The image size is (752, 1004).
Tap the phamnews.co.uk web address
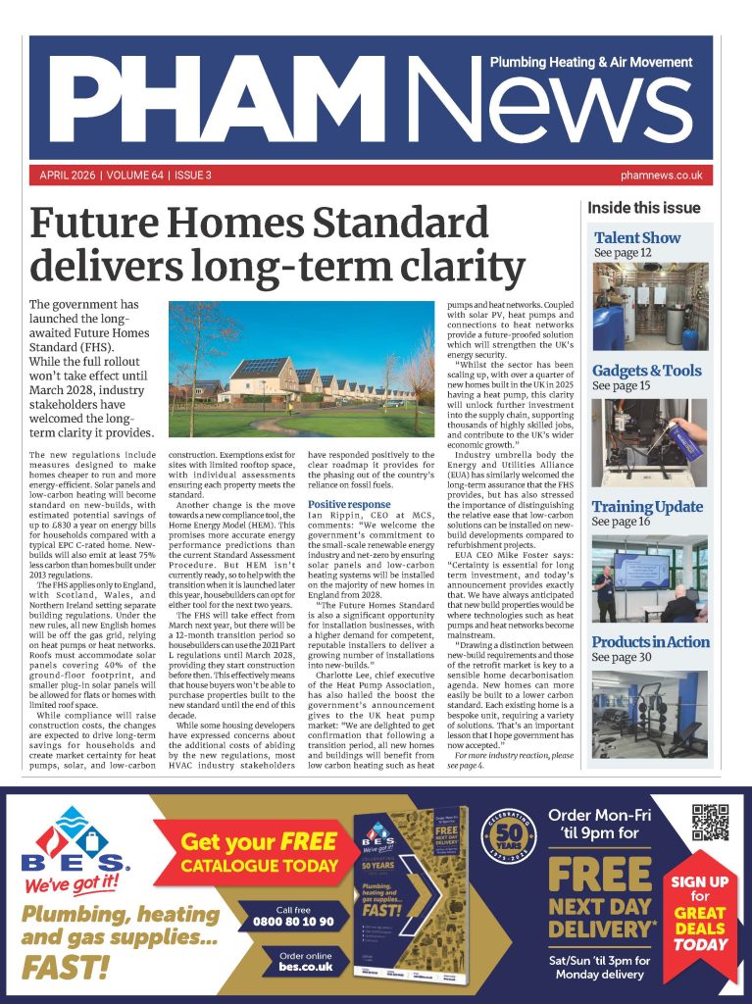pyautogui.click(x=662, y=176)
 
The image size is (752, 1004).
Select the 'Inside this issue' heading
pyautogui.click(x=643, y=208)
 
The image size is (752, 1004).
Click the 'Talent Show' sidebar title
pyautogui.click(x=636, y=237)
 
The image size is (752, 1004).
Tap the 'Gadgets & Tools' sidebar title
pyautogui.click(x=646, y=371)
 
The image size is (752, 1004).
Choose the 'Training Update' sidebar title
pyautogui.click(x=646, y=507)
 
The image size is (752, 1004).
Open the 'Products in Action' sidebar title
pyautogui.click(x=649, y=642)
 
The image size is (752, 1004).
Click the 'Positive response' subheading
pyautogui.click(x=349, y=532)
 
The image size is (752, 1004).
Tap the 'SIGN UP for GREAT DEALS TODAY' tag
pyautogui.click(x=701, y=912)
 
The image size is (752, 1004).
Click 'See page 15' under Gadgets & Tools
pyautogui.click(x=622, y=387)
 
